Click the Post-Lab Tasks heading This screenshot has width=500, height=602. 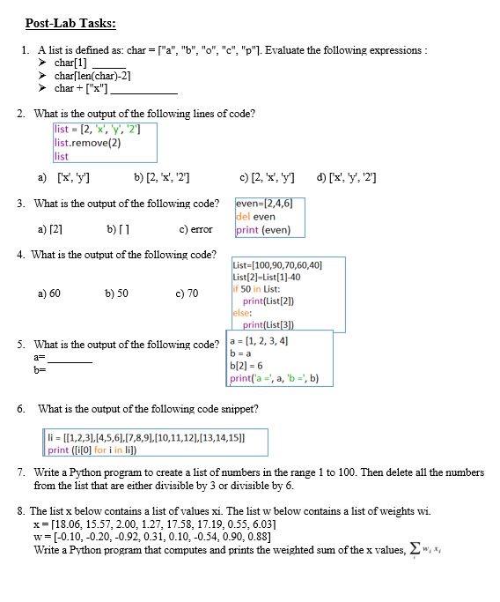coord(70,24)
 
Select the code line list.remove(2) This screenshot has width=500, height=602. coord(88,143)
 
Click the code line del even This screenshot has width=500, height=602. coord(256,217)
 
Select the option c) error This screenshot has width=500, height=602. coord(195,230)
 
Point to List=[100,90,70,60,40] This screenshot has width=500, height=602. coord(277,264)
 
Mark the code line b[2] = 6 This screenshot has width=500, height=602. coord(247,366)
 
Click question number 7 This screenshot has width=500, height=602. coord(20,473)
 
